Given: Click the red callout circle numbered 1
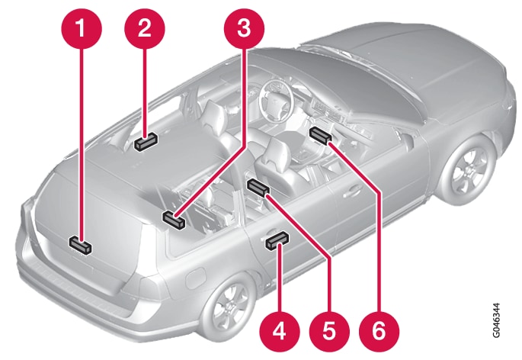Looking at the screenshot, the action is [x=82, y=28].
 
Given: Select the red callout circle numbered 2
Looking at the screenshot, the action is [x=145, y=28].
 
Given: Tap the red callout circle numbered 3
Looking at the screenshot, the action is [x=244, y=28].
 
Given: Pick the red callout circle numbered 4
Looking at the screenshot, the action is [x=280, y=331].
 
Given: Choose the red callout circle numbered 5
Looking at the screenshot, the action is [x=329, y=331].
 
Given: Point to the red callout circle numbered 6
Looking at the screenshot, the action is [x=379, y=331].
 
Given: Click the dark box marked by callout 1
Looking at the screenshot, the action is [x=80, y=246].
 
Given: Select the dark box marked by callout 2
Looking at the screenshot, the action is [x=146, y=141].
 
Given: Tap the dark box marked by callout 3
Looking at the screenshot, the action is [x=174, y=220].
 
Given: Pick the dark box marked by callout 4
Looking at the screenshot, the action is [x=277, y=241].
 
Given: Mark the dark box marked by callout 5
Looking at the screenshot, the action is [x=258, y=188].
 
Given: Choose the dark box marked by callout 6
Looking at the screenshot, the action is [x=321, y=135].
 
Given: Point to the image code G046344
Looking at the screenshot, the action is [x=495, y=320].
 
